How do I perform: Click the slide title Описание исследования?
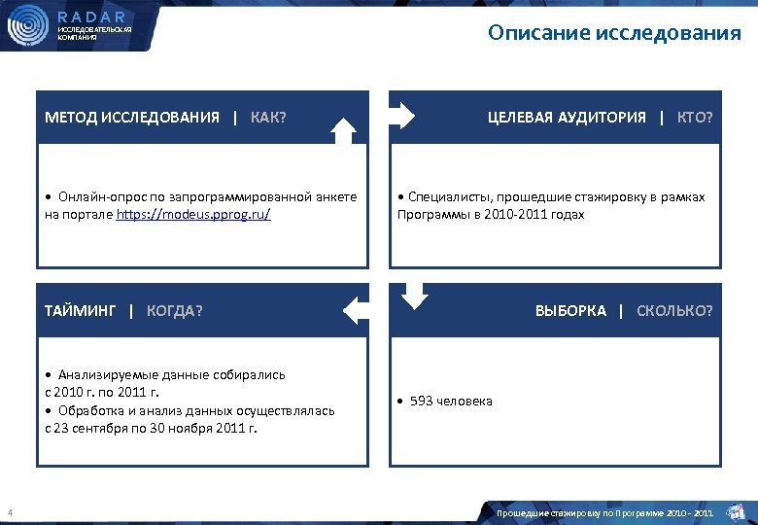(x=614, y=34)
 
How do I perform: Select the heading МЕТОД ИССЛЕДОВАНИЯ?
(x=132, y=118)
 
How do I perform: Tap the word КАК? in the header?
(x=268, y=118)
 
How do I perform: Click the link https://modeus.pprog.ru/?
(x=193, y=214)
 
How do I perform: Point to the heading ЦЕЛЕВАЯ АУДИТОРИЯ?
(x=567, y=118)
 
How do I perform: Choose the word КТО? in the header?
(x=694, y=118)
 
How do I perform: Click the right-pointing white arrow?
(x=402, y=118)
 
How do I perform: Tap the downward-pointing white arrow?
(x=415, y=296)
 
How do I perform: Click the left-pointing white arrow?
(x=356, y=310)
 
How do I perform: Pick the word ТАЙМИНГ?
(x=80, y=310)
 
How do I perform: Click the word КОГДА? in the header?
(x=175, y=310)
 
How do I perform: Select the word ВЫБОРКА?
(x=570, y=310)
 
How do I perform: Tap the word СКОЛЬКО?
(x=674, y=310)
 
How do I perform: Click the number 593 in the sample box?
(x=422, y=401)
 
